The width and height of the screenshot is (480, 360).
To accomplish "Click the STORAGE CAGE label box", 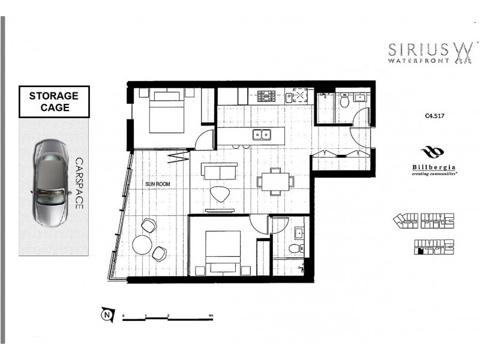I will coord(55,101).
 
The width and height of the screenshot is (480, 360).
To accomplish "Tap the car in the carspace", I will coord(50,182).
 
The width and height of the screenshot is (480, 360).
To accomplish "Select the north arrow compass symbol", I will coord(107,314).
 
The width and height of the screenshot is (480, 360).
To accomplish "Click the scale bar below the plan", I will coord(168,319).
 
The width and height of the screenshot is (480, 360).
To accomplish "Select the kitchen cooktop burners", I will coord(266,95).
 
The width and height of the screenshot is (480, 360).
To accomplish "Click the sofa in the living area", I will coord(220,172).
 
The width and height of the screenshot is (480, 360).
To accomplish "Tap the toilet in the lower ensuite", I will coord(294,247).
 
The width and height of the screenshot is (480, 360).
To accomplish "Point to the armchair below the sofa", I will coord(220,194).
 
